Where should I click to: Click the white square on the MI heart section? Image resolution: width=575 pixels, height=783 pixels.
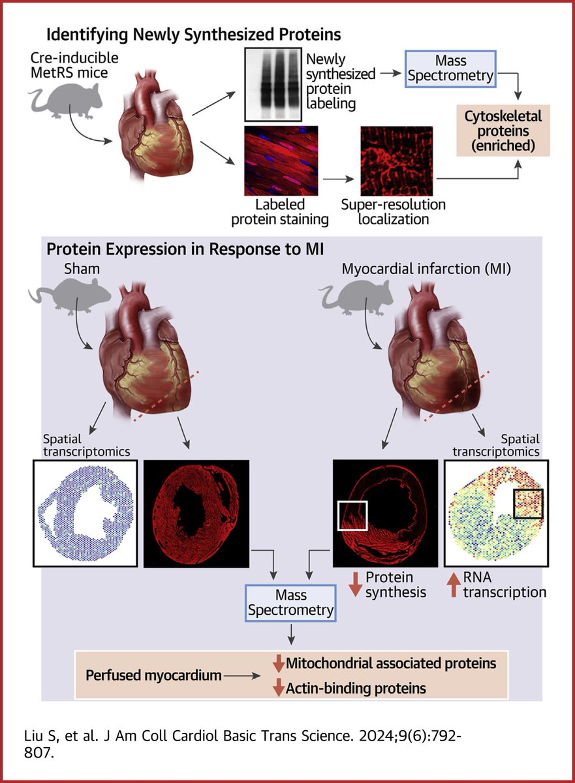pyautogui.click(x=352, y=515)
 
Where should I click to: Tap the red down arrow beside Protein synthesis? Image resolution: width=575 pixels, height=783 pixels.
pyautogui.click(x=354, y=585)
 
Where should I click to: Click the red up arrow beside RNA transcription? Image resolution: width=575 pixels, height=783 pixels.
pyautogui.click(x=455, y=585)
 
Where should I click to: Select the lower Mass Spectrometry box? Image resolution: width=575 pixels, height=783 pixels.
pyautogui.click(x=290, y=602)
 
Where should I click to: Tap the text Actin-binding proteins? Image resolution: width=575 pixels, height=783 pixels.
pyautogui.click(x=355, y=688)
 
